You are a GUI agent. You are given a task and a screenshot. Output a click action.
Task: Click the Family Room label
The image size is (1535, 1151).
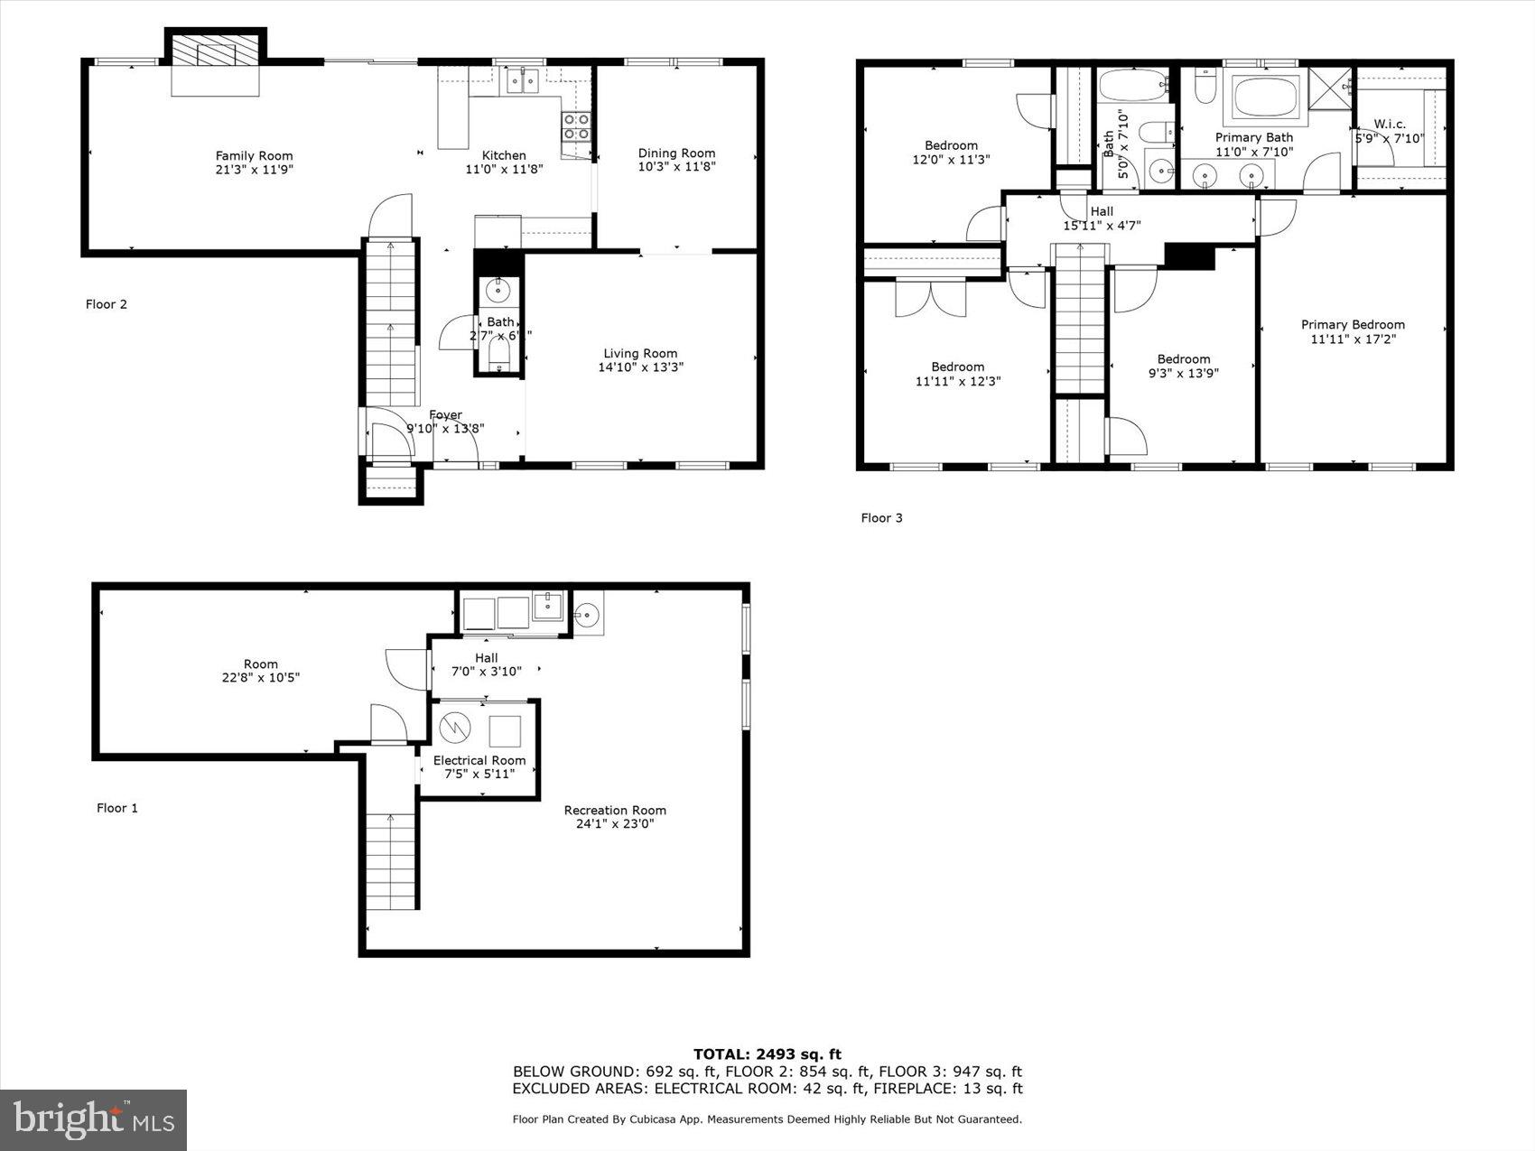254,156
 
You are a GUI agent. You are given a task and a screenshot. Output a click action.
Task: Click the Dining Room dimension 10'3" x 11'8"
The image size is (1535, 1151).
676,167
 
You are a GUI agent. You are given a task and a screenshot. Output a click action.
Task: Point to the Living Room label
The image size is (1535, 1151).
640,354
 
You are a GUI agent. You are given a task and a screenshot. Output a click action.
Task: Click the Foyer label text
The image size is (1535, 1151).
445,415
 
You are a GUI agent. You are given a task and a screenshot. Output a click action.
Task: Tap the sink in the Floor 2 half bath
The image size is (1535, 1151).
498,291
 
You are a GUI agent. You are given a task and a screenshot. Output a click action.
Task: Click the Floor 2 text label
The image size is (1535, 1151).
107,304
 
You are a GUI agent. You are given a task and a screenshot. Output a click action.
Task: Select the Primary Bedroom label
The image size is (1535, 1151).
1352,325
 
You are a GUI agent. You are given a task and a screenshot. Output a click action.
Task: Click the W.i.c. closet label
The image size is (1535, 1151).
1389,125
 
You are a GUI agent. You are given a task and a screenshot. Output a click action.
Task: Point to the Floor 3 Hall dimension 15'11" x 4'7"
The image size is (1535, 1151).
1102,226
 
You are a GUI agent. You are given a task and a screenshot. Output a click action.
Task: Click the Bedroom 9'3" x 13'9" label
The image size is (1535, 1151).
1183,359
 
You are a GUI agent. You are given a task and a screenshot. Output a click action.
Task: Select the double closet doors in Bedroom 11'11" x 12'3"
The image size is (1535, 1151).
930,298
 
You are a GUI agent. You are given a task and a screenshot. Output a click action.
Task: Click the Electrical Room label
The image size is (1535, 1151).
479,760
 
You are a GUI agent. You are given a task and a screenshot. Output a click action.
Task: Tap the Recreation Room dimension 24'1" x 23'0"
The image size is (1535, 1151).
615,823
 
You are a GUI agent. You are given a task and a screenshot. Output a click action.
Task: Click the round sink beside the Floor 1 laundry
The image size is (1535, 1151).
587,616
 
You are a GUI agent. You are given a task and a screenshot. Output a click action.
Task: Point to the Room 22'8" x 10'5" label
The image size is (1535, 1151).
260,664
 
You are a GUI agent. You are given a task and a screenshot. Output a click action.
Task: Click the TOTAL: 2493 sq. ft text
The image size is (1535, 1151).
767,1054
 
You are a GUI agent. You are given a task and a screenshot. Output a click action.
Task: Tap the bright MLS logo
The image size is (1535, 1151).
94,1120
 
